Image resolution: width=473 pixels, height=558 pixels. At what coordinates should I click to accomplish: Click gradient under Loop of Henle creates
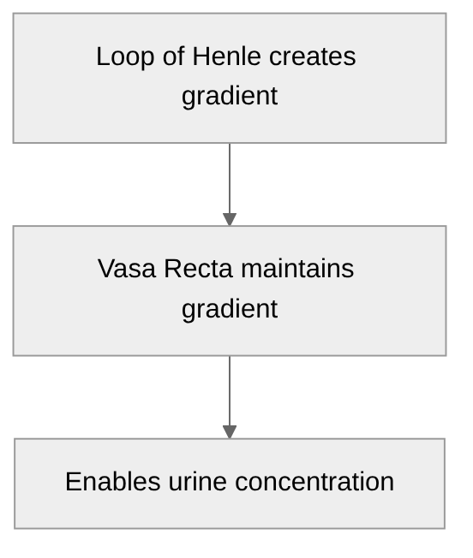point(230,96)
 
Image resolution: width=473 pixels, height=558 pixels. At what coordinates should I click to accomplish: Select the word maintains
point(296,269)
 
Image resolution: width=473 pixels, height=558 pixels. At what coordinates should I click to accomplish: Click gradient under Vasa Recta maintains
point(230,308)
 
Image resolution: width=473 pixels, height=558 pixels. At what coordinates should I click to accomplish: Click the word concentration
point(314,481)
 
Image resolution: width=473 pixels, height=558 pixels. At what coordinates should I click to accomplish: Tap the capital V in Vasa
point(105,269)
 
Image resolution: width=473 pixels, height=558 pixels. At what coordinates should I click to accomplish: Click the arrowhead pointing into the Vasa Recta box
point(230,219)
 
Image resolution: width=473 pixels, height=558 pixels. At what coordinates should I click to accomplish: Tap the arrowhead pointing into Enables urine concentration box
point(230,432)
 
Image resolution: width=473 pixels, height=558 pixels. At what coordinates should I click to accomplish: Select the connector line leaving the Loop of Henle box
point(230,175)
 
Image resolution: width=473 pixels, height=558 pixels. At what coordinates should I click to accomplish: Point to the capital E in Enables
point(73,481)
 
